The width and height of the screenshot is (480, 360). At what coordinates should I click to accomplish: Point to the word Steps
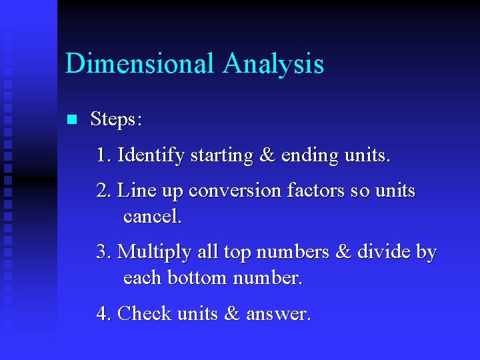(x=116, y=120)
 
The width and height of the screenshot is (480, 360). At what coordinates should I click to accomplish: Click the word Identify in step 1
(x=151, y=156)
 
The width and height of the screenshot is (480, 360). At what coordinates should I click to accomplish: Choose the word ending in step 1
(x=310, y=156)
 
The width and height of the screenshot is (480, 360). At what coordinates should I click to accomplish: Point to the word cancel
(x=152, y=217)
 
